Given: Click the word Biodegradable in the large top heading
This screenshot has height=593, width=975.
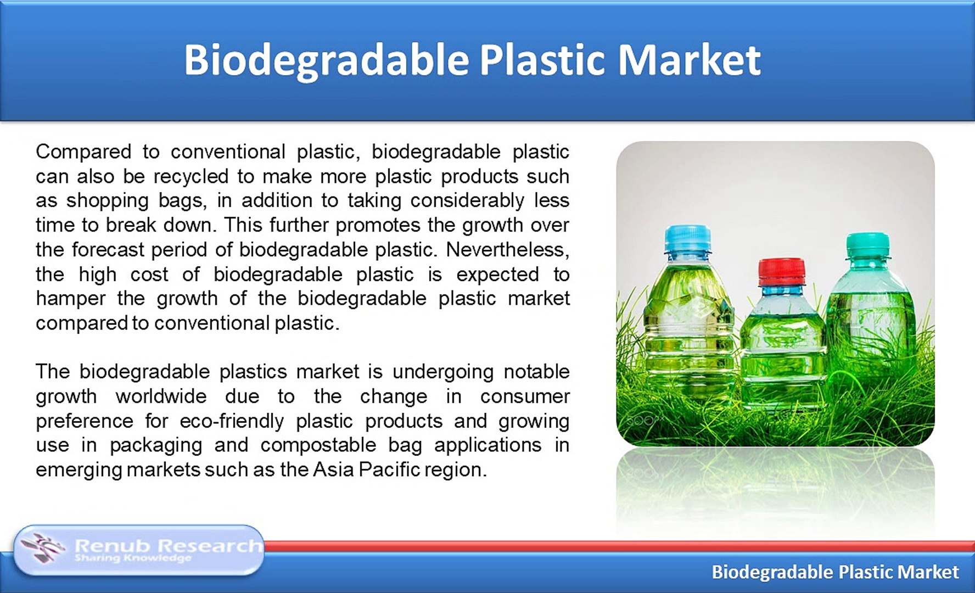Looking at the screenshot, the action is (326, 60).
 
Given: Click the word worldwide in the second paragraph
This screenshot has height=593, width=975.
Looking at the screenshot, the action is (161, 396).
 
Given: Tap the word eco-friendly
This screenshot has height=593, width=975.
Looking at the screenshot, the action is (232, 421).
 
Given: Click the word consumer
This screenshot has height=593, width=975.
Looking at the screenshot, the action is (525, 397).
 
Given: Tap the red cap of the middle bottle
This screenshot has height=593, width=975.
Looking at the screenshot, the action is (782, 271).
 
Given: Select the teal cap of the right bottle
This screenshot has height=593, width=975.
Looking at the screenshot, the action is (868, 245).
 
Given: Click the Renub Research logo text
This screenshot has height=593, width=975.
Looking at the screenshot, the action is (168, 546).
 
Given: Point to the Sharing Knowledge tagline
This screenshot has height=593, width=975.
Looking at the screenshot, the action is (133, 558).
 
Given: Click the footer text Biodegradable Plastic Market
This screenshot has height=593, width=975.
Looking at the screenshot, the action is (835, 572).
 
